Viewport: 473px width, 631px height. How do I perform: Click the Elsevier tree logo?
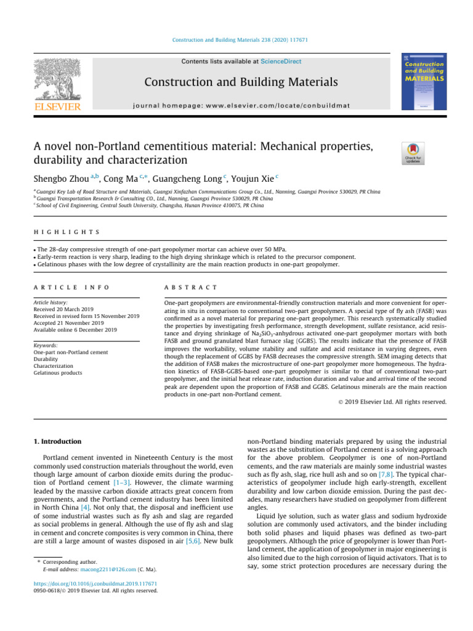pos(57,83)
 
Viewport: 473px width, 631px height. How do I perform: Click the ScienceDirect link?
pos(281,62)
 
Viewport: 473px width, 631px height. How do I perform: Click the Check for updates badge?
pos(413,153)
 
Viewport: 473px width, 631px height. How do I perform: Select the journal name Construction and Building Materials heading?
pos(240,82)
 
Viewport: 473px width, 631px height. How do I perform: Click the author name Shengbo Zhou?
pos(60,179)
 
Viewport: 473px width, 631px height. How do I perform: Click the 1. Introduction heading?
pos(56,441)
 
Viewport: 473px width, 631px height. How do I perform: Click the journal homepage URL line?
pos(241,105)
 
